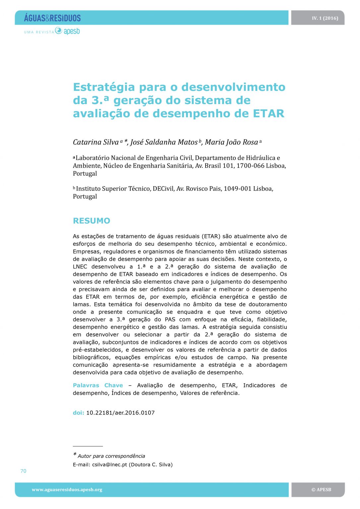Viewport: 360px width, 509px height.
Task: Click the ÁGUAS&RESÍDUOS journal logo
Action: tap(52, 18)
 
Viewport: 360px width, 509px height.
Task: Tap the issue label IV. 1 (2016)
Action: tap(325, 18)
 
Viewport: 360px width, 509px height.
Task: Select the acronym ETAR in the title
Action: tap(269, 114)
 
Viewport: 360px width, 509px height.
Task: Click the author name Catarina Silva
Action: tap(95, 142)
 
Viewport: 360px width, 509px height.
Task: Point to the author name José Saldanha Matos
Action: tap(164, 142)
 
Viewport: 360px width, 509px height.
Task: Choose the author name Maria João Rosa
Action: tap(231, 142)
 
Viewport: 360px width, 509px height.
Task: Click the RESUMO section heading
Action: tap(91, 221)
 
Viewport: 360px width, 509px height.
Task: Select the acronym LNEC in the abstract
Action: tap(80, 267)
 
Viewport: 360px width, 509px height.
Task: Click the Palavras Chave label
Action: tap(98, 385)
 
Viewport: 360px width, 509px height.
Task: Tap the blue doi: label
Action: tap(79, 413)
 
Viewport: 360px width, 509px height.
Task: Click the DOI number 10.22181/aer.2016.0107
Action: tap(120, 413)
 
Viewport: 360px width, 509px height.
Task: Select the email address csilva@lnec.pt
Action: tap(109, 465)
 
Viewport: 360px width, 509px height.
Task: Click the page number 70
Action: tap(23, 471)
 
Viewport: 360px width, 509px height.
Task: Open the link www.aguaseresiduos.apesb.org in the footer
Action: tap(67, 490)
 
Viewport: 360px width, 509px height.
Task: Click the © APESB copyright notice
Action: tap(321, 490)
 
